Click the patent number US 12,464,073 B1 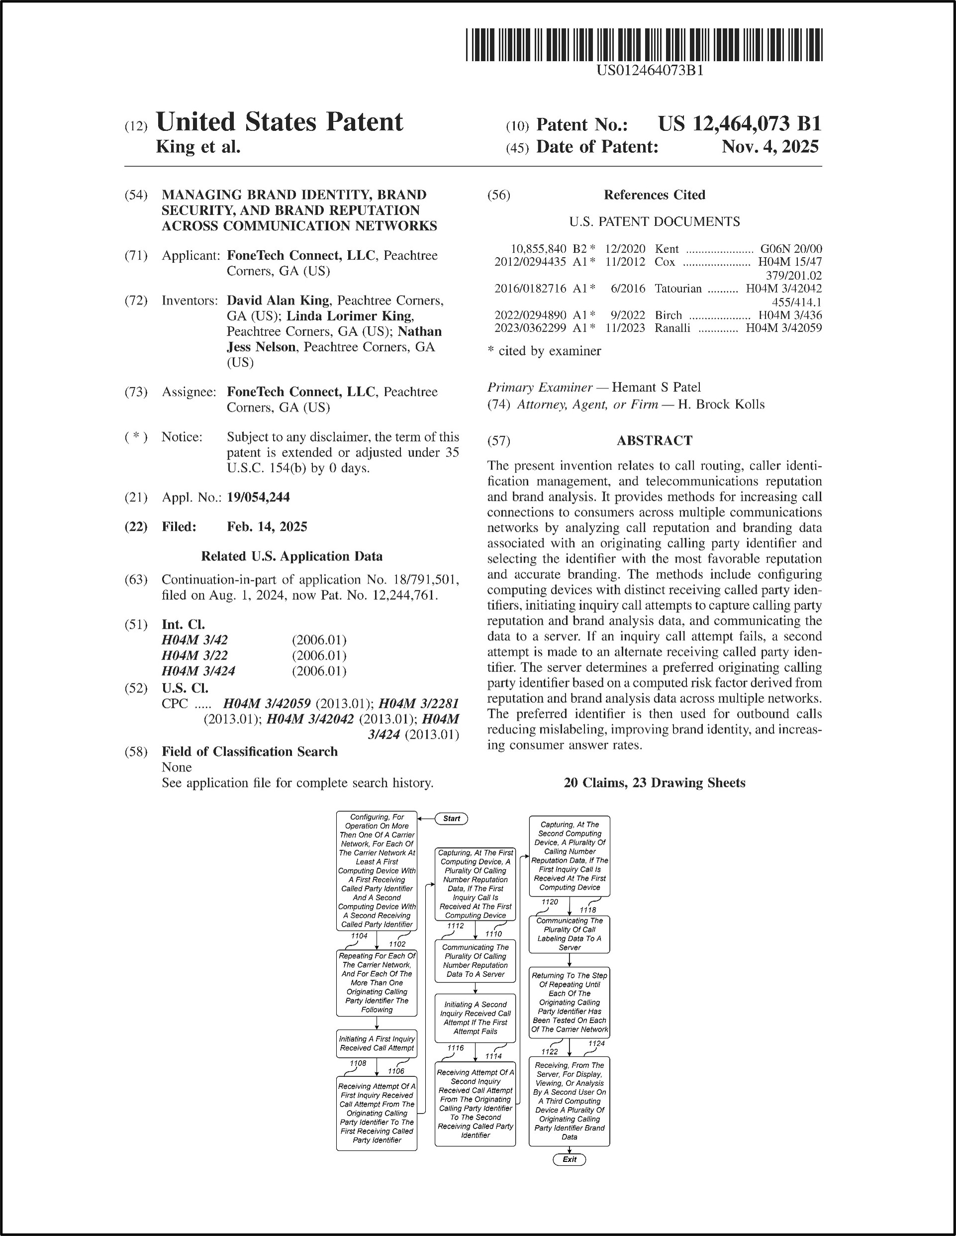click(739, 123)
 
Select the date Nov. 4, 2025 click(770, 147)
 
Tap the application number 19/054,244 click(258, 497)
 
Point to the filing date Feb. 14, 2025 click(267, 527)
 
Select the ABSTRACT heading click(654, 441)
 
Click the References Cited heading click(654, 195)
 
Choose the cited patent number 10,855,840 click(538, 249)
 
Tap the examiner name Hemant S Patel click(656, 387)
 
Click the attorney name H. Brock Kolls click(721, 405)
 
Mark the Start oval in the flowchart click(451, 818)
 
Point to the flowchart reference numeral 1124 click(596, 1043)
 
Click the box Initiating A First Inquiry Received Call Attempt click(377, 1043)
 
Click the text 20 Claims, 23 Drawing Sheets click(654, 783)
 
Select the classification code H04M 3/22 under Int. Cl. click(194, 656)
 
